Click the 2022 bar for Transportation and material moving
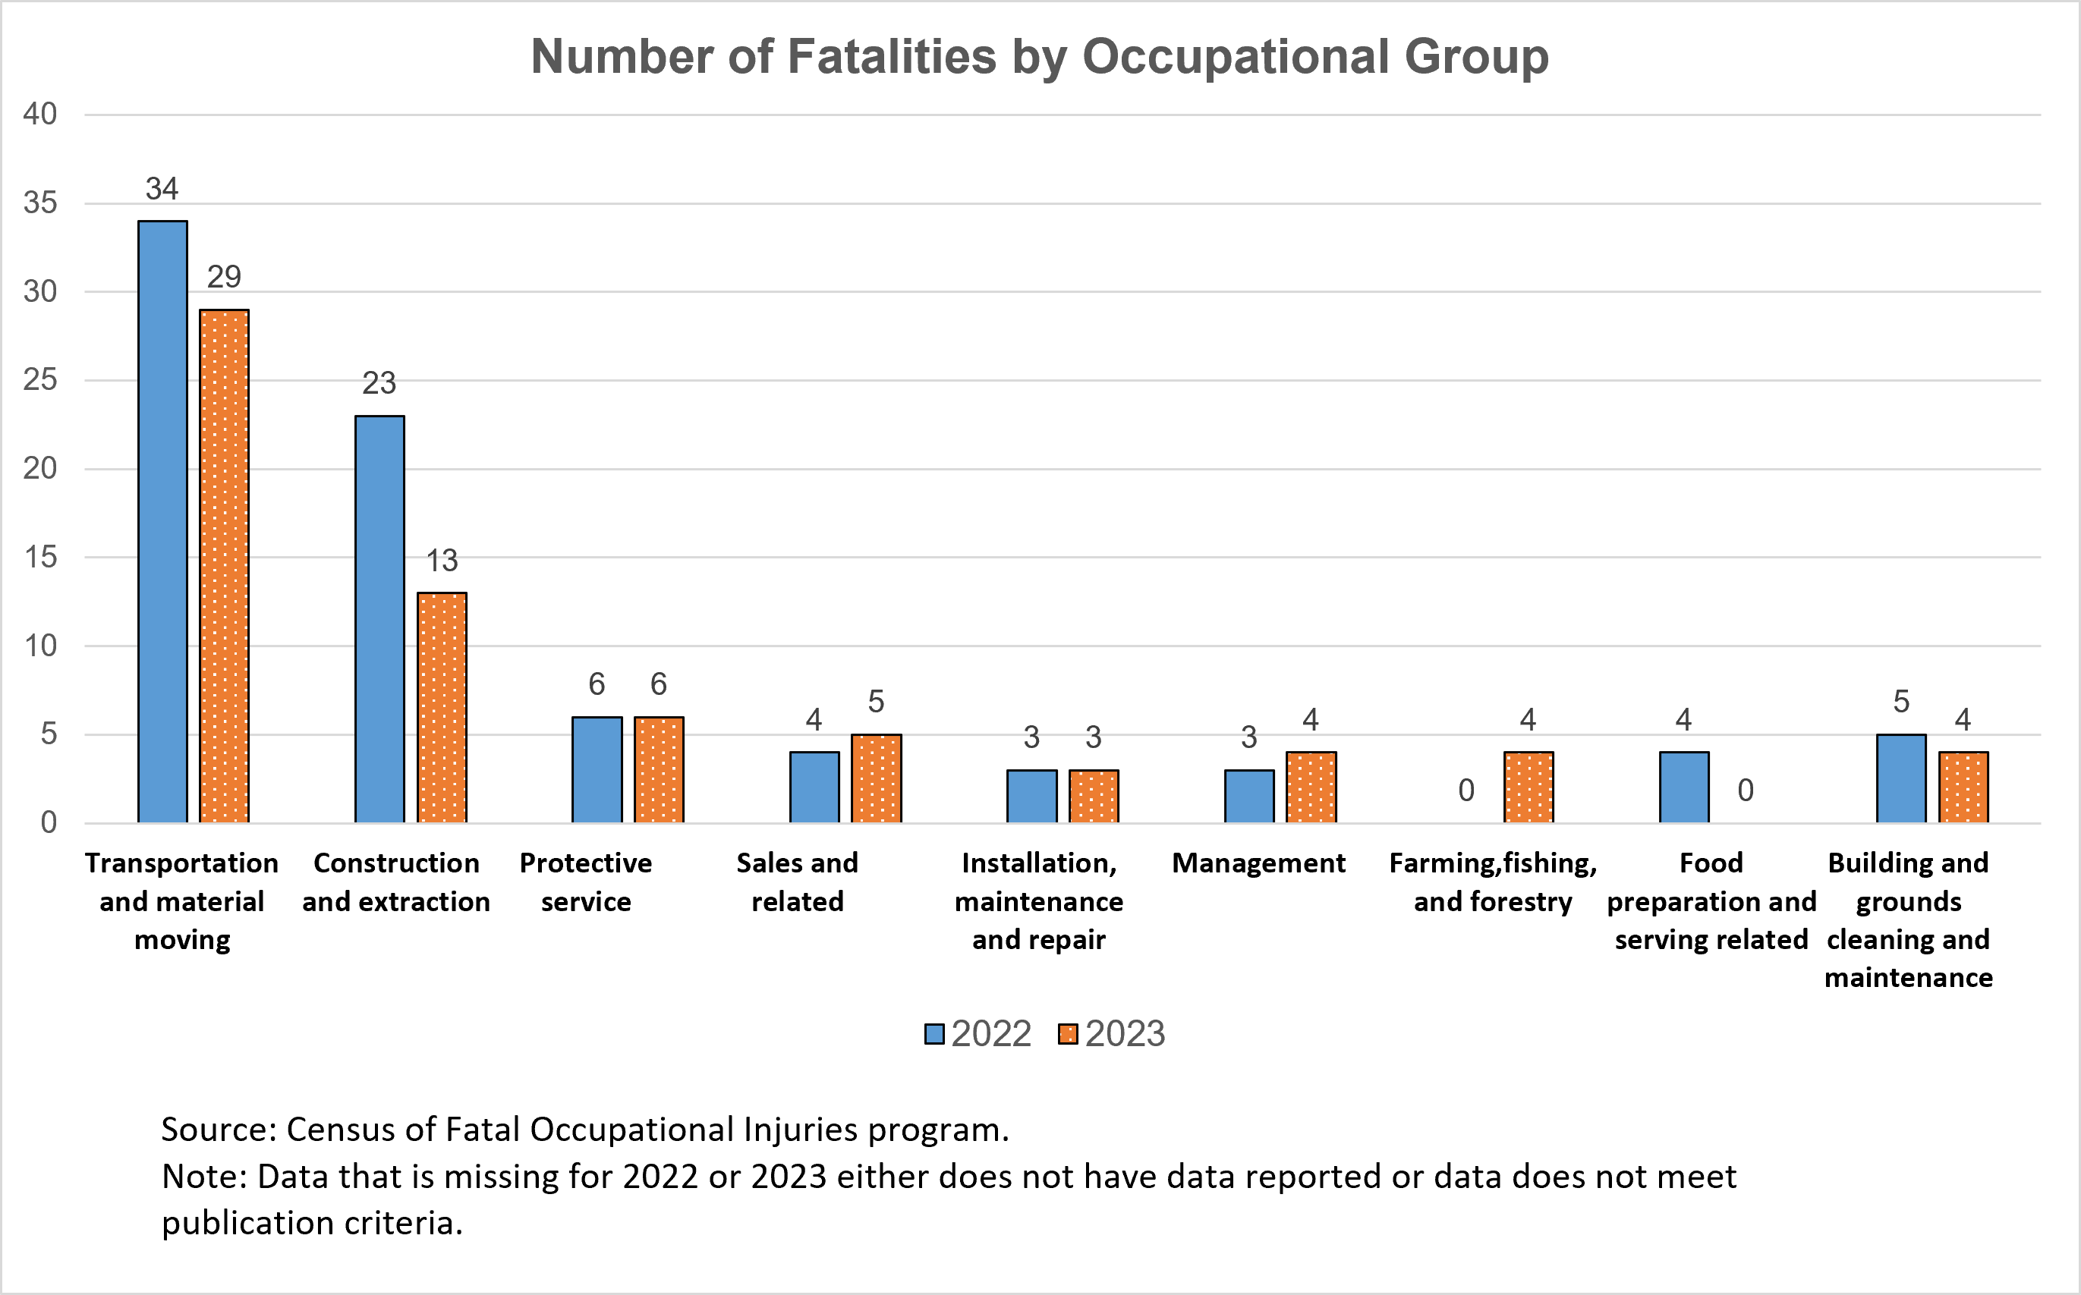pyautogui.click(x=162, y=523)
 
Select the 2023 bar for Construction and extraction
pyautogui.click(x=442, y=708)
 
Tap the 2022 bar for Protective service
pyautogui.click(x=597, y=770)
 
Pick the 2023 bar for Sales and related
pyautogui.click(x=876, y=778)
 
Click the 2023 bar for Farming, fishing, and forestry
pyautogui.click(x=1528, y=787)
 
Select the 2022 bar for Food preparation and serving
pyautogui.click(x=1683, y=787)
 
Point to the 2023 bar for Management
pyautogui.click(x=1311, y=787)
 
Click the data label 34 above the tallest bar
pyautogui.click(x=162, y=188)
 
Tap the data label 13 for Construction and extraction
pyautogui.click(x=442, y=561)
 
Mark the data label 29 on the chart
pyautogui.click(x=225, y=277)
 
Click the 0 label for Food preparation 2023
pyautogui.click(x=1745, y=791)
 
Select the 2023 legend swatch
pyautogui.click(x=1068, y=1035)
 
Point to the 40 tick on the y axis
pyautogui.click(x=39, y=114)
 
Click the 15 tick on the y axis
pyautogui.click(x=39, y=558)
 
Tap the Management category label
pyautogui.click(x=1258, y=863)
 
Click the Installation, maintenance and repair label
pyautogui.click(x=1038, y=901)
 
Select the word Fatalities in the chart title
pyautogui.click(x=891, y=57)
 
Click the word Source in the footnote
pyautogui.click(x=218, y=1130)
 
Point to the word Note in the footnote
pyautogui.click(x=203, y=1177)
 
